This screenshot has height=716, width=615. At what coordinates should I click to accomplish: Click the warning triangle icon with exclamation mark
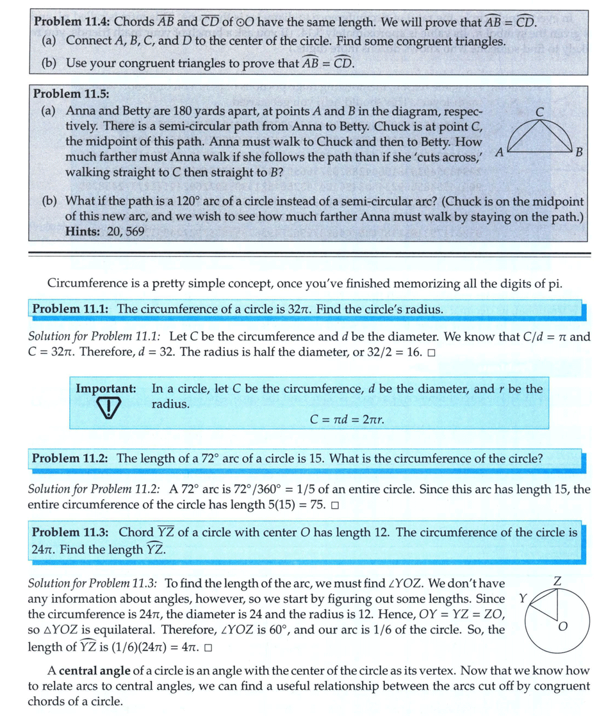point(110,408)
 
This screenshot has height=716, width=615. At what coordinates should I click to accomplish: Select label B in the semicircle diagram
point(578,152)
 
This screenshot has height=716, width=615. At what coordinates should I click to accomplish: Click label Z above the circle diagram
point(557,582)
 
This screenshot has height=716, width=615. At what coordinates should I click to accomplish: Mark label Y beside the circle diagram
point(523,598)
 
